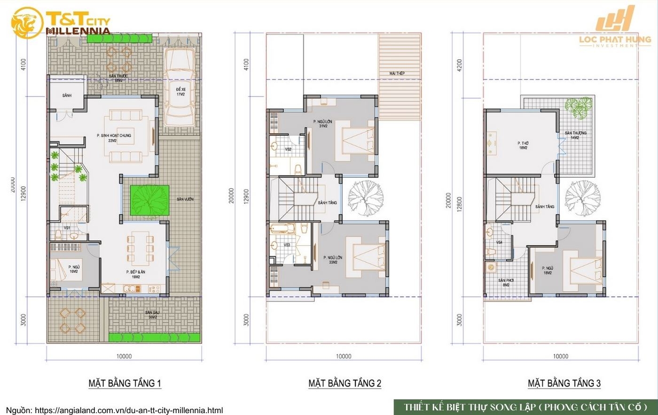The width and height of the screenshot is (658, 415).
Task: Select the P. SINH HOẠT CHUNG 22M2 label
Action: [114, 138]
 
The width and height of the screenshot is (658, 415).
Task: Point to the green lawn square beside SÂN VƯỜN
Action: [149, 201]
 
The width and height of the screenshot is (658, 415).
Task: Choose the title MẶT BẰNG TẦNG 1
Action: [125, 383]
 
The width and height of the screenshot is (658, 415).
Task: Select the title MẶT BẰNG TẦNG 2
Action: [345, 383]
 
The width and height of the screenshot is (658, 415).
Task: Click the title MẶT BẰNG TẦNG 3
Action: [564, 383]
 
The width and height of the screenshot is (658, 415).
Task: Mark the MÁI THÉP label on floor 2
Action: [397, 73]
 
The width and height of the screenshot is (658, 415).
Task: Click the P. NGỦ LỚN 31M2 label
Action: [323, 124]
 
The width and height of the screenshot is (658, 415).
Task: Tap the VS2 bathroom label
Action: [288, 149]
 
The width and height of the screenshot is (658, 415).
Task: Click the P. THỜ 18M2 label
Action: [523, 145]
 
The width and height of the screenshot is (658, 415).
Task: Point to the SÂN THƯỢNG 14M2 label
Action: [575, 136]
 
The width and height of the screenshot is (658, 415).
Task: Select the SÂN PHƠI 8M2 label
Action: [506, 283]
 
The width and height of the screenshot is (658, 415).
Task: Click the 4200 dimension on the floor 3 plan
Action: [460, 64]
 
